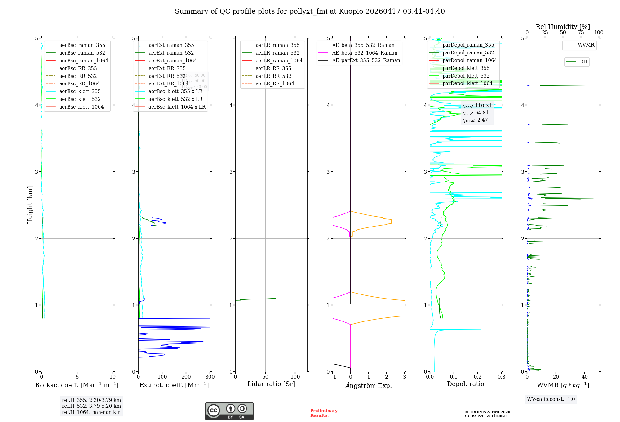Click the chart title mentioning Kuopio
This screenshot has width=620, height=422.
[310, 11]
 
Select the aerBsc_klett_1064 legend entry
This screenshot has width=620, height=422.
[81, 107]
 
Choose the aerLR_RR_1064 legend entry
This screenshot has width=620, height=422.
[275, 83]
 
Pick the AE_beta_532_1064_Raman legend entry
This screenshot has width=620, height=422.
[365, 53]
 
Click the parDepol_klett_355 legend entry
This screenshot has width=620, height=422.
[466, 68]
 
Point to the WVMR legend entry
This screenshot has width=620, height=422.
[586, 45]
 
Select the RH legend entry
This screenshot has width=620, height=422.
[583, 62]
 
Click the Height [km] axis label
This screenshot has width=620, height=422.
[30, 205]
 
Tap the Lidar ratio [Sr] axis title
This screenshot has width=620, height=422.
[271, 384]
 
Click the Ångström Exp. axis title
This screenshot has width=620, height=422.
[369, 385]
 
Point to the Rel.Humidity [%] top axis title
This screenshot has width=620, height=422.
[563, 27]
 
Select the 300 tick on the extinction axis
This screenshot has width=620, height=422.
[210, 377]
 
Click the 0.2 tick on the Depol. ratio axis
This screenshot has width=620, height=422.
[478, 377]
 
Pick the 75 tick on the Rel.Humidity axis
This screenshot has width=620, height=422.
[581, 32]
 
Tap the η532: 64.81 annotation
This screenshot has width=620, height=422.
[476, 113]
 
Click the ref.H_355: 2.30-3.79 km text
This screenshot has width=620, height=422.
[91, 400]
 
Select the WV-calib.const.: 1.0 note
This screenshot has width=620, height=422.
[551, 399]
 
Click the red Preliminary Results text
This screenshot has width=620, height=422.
[324, 413]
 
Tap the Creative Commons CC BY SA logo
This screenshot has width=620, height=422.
[229, 411]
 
